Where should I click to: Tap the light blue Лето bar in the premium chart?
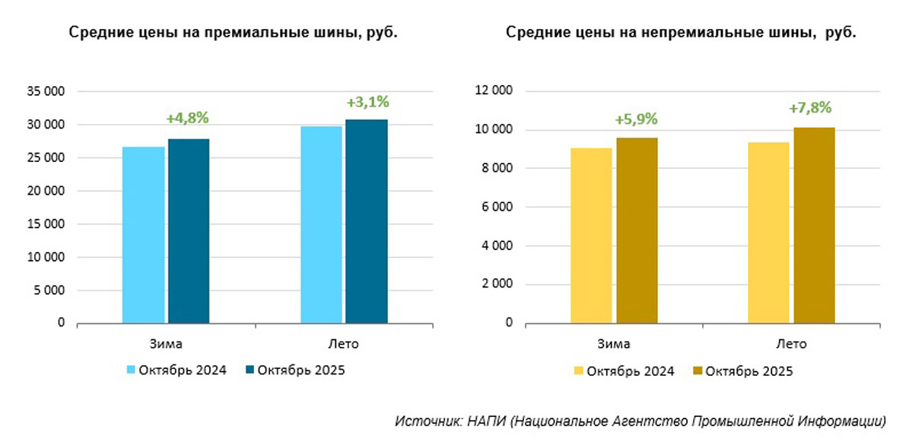coord(321,224)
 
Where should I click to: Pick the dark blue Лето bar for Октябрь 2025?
coord(366,221)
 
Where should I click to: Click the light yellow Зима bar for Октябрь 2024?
coord(591,235)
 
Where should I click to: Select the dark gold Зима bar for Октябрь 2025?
coord(636,230)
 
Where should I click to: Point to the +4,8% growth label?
coord(187,118)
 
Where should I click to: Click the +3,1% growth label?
coord(367,101)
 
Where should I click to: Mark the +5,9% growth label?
coord(635,119)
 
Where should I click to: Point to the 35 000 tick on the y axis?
coord(49,91)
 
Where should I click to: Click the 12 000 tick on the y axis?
coord(498,91)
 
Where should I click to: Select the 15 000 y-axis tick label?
coord(49,224)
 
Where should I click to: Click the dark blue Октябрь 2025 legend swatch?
coord(250,370)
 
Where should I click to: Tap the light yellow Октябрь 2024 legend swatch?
coord(578,371)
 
